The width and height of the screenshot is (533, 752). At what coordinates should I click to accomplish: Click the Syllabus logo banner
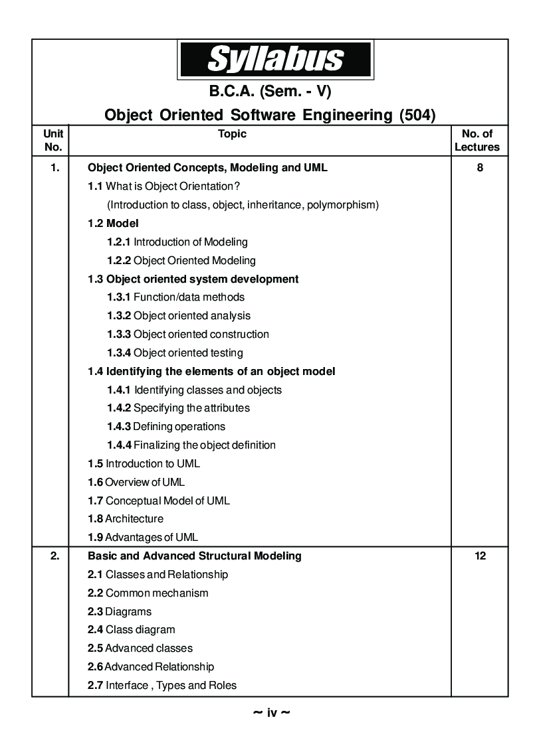(x=275, y=59)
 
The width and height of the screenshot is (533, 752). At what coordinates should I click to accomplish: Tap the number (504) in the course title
(x=417, y=115)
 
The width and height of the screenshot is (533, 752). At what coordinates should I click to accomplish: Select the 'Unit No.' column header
(x=53, y=141)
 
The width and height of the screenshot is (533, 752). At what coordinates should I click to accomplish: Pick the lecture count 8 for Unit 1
(x=480, y=168)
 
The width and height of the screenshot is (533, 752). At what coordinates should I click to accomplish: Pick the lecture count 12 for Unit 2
(x=480, y=556)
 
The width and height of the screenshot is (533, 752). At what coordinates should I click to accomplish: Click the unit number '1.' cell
(x=54, y=168)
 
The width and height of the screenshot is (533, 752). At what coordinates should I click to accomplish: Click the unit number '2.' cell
(x=54, y=556)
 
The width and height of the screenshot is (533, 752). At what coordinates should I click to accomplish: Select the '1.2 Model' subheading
(x=113, y=224)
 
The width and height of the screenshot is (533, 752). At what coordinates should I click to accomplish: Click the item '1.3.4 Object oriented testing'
(x=175, y=353)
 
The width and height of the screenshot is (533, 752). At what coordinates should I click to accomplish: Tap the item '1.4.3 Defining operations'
(x=166, y=427)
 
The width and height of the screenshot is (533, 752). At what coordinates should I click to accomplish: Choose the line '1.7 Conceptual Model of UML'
(x=159, y=501)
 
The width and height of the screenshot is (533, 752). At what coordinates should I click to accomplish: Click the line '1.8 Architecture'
(x=126, y=519)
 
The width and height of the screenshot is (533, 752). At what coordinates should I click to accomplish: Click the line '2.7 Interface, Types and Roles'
(x=162, y=686)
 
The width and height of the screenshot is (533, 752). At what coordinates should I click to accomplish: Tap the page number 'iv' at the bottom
(x=272, y=714)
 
